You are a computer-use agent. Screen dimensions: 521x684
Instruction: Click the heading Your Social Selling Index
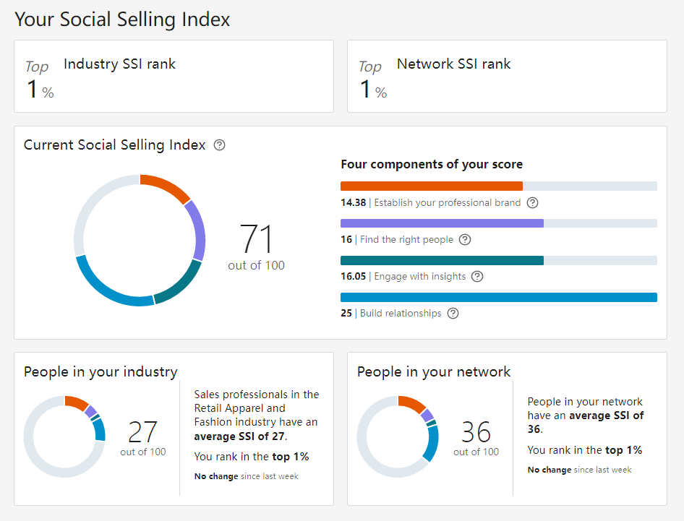point(122,20)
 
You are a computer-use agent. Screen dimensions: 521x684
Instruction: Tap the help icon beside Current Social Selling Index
point(220,145)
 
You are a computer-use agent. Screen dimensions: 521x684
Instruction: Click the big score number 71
point(256,239)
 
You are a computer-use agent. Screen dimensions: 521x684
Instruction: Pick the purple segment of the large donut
point(196,229)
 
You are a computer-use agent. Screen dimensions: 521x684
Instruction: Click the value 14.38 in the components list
point(353,203)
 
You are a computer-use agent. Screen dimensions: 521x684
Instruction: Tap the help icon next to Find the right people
point(465,240)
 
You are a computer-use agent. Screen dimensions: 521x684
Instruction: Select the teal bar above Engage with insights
point(442,260)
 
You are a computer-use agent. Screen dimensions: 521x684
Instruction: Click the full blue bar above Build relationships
point(498,297)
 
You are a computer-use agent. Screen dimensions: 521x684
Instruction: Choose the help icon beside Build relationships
point(453,314)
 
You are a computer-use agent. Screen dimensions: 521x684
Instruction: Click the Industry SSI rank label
point(119,64)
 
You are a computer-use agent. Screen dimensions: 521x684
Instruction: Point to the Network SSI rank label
point(453,64)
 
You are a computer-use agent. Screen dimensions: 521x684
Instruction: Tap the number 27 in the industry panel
point(142,432)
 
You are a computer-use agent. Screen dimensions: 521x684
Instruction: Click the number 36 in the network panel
point(476,432)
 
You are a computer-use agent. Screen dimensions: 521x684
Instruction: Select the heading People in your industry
point(101,372)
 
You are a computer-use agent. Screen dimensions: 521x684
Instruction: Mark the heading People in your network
point(434,372)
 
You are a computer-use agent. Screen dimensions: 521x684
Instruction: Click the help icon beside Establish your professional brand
point(533,203)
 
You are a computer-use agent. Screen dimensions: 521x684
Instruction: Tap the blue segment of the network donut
point(432,443)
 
